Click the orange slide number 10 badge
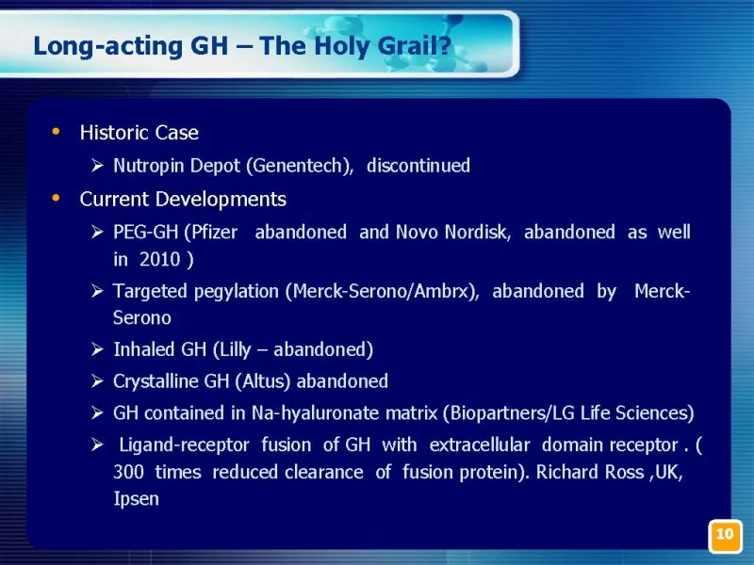[725, 536]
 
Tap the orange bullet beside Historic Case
[56, 131]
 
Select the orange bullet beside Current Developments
[56, 198]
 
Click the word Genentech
[298, 166]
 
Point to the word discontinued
[418, 166]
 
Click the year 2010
[159, 260]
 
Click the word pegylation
[237, 292]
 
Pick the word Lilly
[236, 349]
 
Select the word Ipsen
[136, 499]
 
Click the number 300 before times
[128, 472]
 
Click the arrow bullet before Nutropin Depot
[97, 166]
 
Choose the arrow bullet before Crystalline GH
[97, 381]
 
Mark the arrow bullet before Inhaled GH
[97, 349]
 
